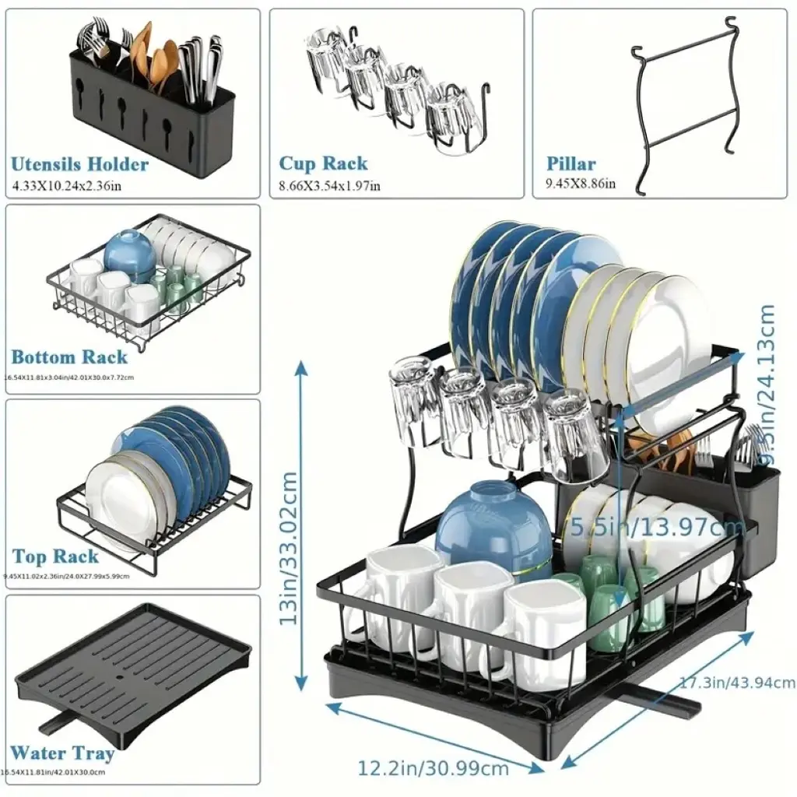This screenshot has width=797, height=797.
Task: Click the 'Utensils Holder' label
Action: click(x=79, y=164)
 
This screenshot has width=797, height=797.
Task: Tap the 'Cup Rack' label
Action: click(x=323, y=164)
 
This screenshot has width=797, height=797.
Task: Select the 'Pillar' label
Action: click(x=571, y=164)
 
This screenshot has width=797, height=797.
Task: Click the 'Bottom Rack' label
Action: click(x=69, y=357)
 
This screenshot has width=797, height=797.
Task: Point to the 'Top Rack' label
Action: click(x=56, y=556)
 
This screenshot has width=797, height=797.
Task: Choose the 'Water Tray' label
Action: click(x=62, y=753)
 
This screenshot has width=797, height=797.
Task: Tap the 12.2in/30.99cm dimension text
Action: click(x=434, y=768)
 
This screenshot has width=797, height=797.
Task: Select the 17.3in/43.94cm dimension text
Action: click(x=737, y=683)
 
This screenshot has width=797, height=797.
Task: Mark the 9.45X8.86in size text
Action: click(x=580, y=184)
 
